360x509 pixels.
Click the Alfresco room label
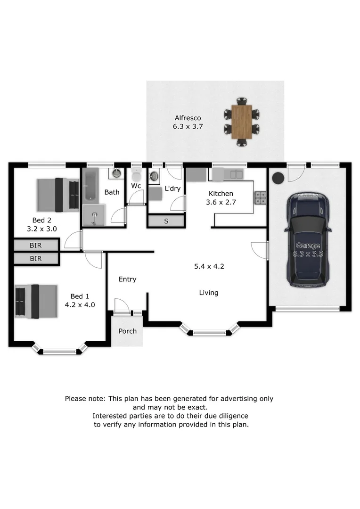pyautogui.click(x=188, y=118)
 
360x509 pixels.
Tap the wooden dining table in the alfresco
pyautogui.click(x=242, y=122)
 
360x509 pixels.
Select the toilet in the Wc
pyautogui.click(x=136, y=176)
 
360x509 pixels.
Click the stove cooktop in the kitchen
pyautogui.click(x=260, y=197)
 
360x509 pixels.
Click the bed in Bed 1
pyautogui.click(x=36, y=301)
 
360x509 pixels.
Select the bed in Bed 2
pyautogui.click(x=58, y=195)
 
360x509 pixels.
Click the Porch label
pyautogui.click(x=127, y=331)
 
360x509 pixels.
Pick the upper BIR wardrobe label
pyautogui.click(x=36, y=246)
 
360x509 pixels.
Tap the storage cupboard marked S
pyautogui.click(x=166, y=222)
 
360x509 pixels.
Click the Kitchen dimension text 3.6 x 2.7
pyautogui.click(x=221, y=202)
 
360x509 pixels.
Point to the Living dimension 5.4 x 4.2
pyautogui.click(x=209, y=266)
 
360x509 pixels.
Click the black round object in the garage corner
pyautogui.click(x=278, y=178)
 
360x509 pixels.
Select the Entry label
pyautogui.click(x=127, y=279)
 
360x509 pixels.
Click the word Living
pyautogui.click(x=208, y=293)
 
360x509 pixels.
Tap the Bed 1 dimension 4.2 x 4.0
pyautogui.click(x=80, y=305)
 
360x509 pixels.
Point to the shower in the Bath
pyautogui.click(x=94, y=215)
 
